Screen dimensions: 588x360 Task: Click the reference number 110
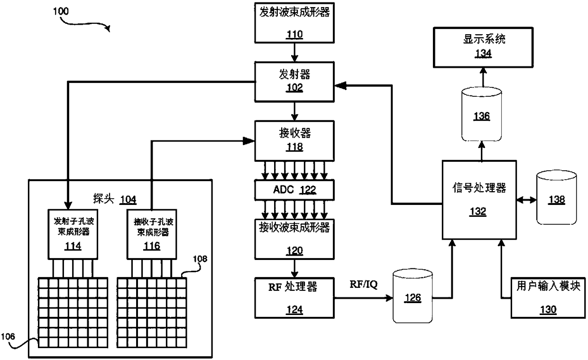click(x=294, y=35)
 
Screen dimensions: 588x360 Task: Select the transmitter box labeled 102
click(x=294, y=82)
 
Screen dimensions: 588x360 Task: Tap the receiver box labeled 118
click(x=294, y=141)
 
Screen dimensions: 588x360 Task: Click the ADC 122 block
click(x=294, y=190)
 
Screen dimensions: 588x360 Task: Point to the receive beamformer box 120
click(x=294, y=239)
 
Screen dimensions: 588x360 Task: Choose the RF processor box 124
click(x=294, y=298)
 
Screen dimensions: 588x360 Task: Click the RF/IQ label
click(x=364, y=285)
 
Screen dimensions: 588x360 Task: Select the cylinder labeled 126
click(x=413, y=296)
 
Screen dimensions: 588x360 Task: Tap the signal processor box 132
click(x=479, y=200)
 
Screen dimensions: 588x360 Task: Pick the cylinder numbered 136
click(x=482, y=114)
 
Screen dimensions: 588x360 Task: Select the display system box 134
click(x=483, y=47)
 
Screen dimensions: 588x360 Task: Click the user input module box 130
click(x=548, y=298)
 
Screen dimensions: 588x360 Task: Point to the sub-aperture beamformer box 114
click(x=73, y=234)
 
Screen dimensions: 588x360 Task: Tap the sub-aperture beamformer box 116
click(x=152, y=234)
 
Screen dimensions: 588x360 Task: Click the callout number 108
click(x=200, y=259)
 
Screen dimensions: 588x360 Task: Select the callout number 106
click(x=8, y=337)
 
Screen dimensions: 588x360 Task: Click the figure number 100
click(x=61, y=11)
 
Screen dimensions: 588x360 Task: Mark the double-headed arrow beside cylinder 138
click(x=526, y=200)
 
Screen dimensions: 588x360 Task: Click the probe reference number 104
click(x=128, y=200)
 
